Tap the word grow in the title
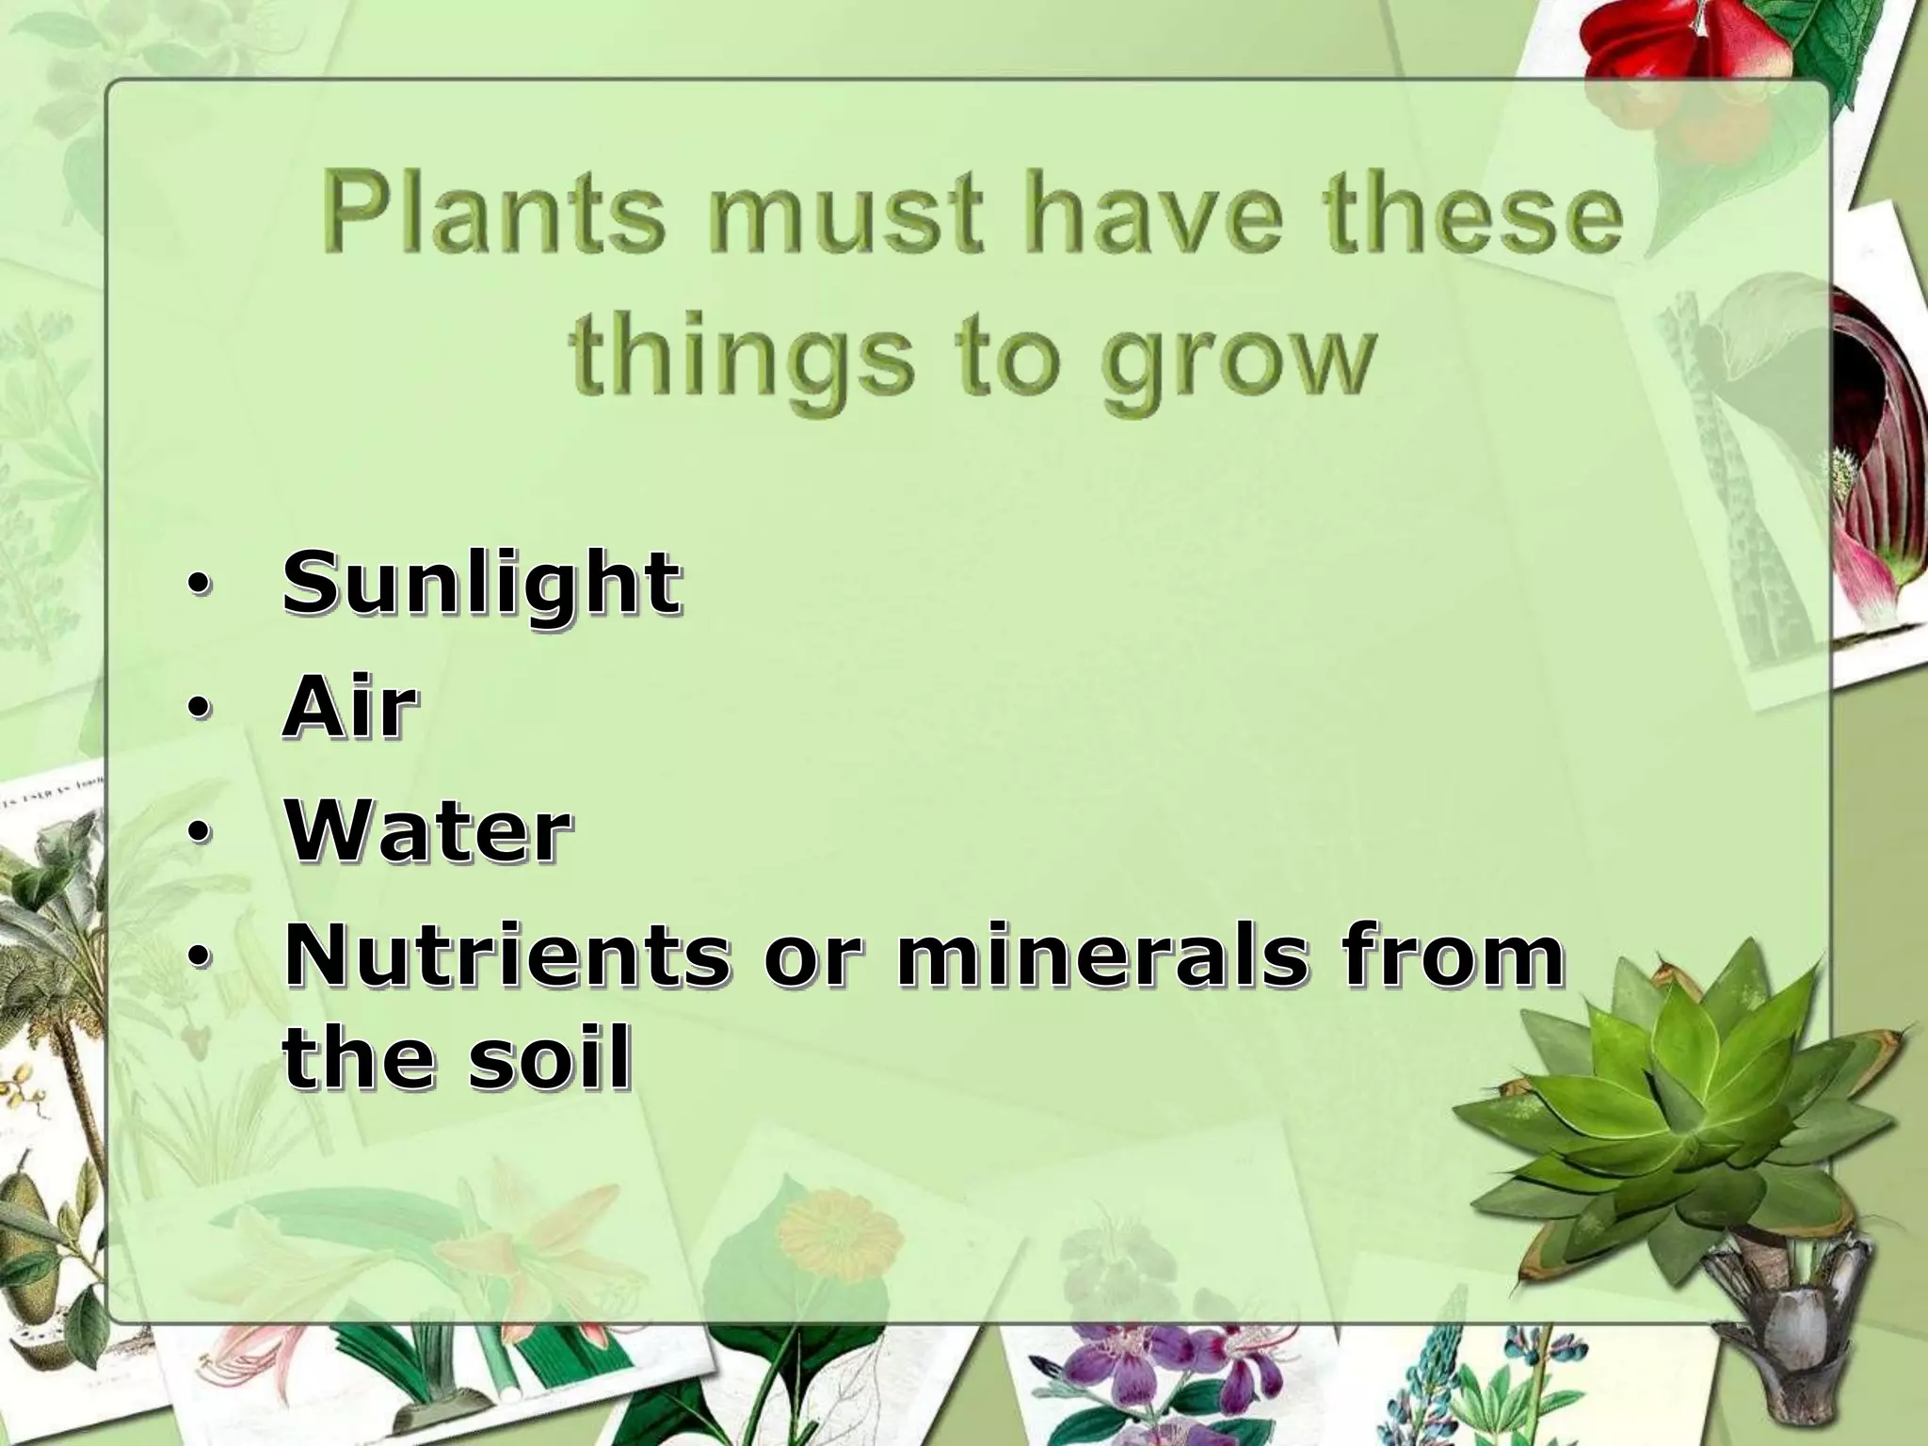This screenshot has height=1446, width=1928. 1240,362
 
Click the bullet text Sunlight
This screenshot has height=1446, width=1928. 481,584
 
